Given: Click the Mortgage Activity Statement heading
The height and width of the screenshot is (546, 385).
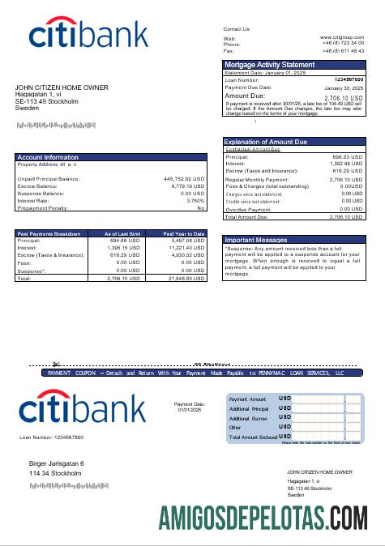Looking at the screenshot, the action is tap(269, 64).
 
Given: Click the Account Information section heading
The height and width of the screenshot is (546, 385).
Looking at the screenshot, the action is tap(49, 157).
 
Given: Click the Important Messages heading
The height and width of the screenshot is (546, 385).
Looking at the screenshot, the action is tap(256, 241).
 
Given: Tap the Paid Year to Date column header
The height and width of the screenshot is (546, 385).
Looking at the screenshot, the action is tap(184, 233).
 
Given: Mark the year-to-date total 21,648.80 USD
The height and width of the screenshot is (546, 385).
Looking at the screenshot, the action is tap(187, 278).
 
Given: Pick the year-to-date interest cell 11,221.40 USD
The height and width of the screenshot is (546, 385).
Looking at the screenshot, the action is tap(187, 248).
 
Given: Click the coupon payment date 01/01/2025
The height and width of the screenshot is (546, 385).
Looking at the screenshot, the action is tap(191, 411).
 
